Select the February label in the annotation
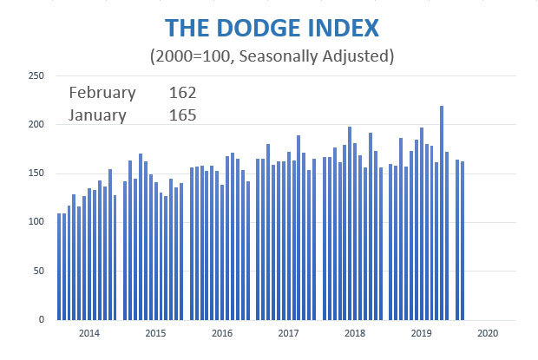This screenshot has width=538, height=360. [x=102, y=93]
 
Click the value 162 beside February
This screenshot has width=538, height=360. [x=183, y=93]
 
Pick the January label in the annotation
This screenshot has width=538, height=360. [x=97, y=114]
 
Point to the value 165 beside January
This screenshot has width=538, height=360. [x=183, y=114]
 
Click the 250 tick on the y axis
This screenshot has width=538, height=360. [x=37, y=76]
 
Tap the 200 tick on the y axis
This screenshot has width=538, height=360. [x=37, y=125]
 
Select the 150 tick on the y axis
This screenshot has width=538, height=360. [x=37, y=173]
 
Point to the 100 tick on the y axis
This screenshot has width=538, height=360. [x=37, y=222]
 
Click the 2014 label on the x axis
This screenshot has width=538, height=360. [x=88, y=333]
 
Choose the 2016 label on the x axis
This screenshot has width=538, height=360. [x=221, y=333]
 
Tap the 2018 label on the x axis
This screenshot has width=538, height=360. [x=354, y=333]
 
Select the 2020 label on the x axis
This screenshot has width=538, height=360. [x=487, y=333]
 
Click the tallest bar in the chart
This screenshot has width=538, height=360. [x=442, y=213]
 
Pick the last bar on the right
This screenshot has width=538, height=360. [x=463, y=240]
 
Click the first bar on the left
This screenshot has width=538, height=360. [x=59, y=266]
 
